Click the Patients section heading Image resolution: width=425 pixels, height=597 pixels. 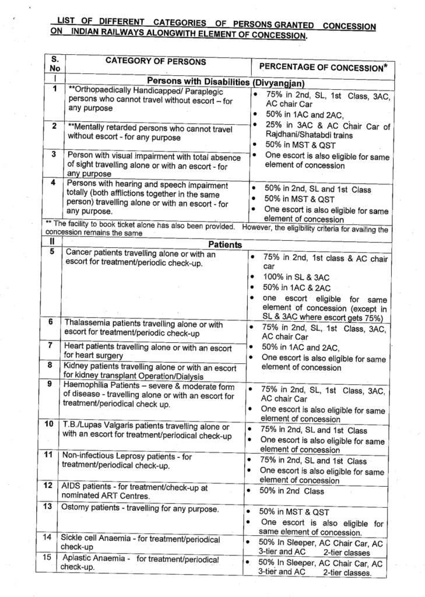(x=224, y=245)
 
